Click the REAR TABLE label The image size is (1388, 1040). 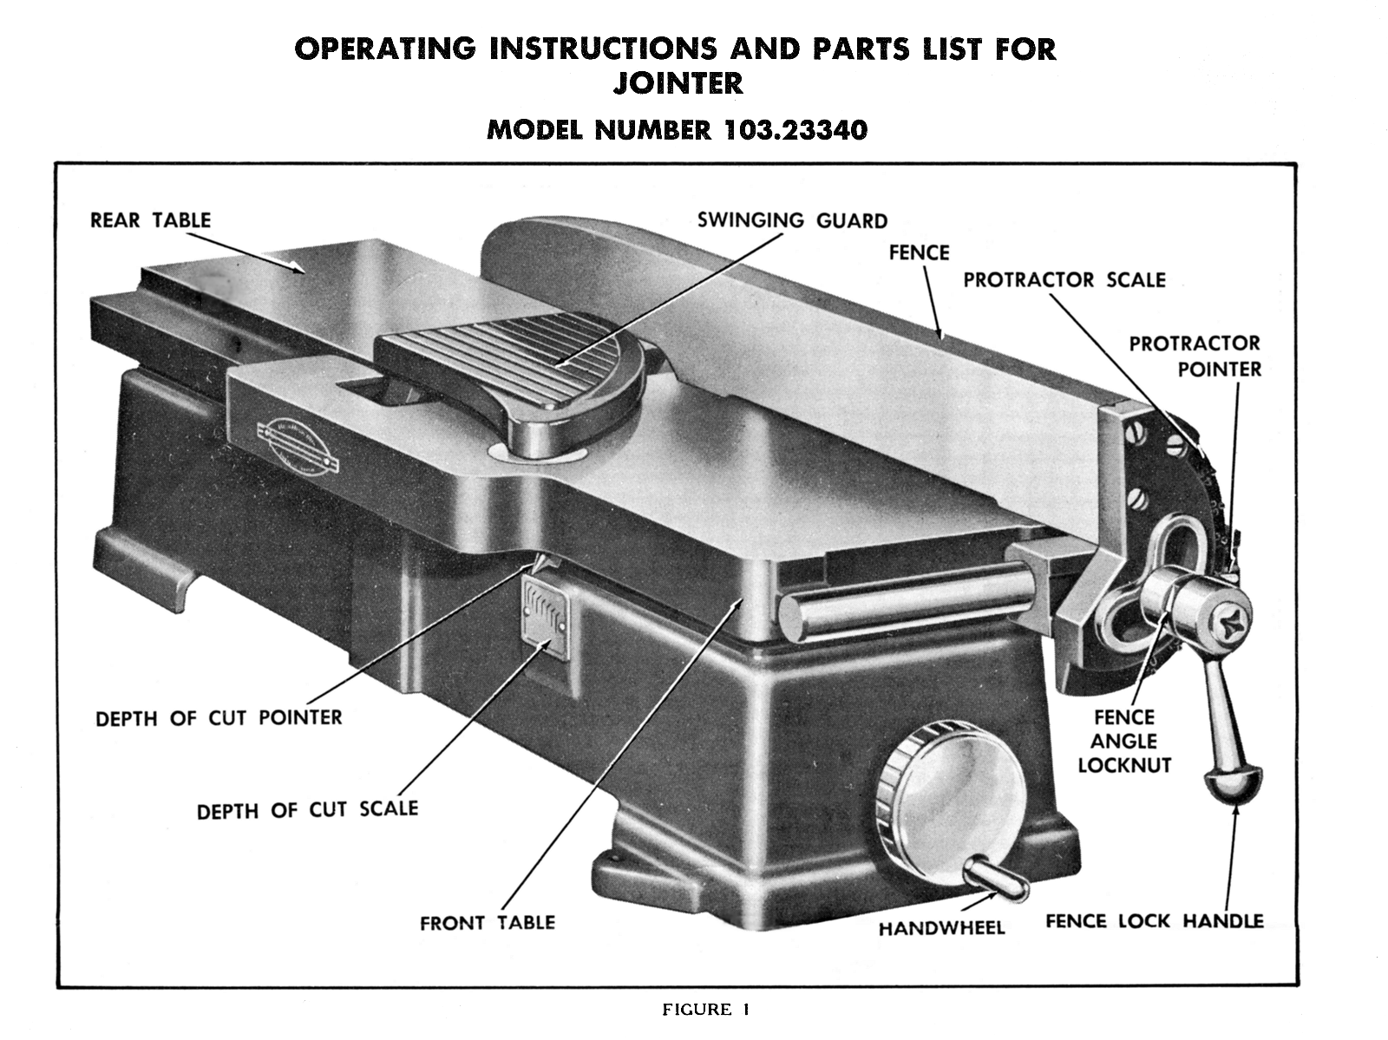(150, 219)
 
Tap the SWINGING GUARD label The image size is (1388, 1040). (792, 220)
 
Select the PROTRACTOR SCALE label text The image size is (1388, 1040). (1064, 280)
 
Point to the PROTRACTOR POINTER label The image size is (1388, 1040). (1195, 356)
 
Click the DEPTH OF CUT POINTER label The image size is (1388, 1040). (219, 718)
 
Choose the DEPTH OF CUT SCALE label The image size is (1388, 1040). (307, 810)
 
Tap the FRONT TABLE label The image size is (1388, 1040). (487, 923)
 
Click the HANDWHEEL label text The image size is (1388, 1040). (941, 928)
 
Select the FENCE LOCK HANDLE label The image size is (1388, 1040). (1154, 921)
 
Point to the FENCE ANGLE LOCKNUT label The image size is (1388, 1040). (1123, 742)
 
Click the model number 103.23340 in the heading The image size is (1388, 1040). (793, 130)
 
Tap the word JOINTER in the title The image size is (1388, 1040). (678, 85)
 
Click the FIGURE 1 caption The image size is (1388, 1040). (705, 1010)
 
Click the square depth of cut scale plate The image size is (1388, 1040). (546, 613)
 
